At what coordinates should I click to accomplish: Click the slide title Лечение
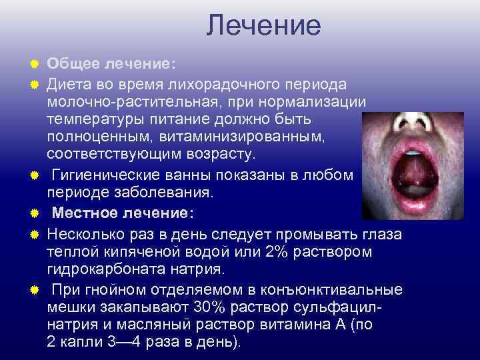[263, 26]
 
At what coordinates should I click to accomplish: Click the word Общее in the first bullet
[72, 63]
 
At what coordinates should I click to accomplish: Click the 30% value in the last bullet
[206, 308]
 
